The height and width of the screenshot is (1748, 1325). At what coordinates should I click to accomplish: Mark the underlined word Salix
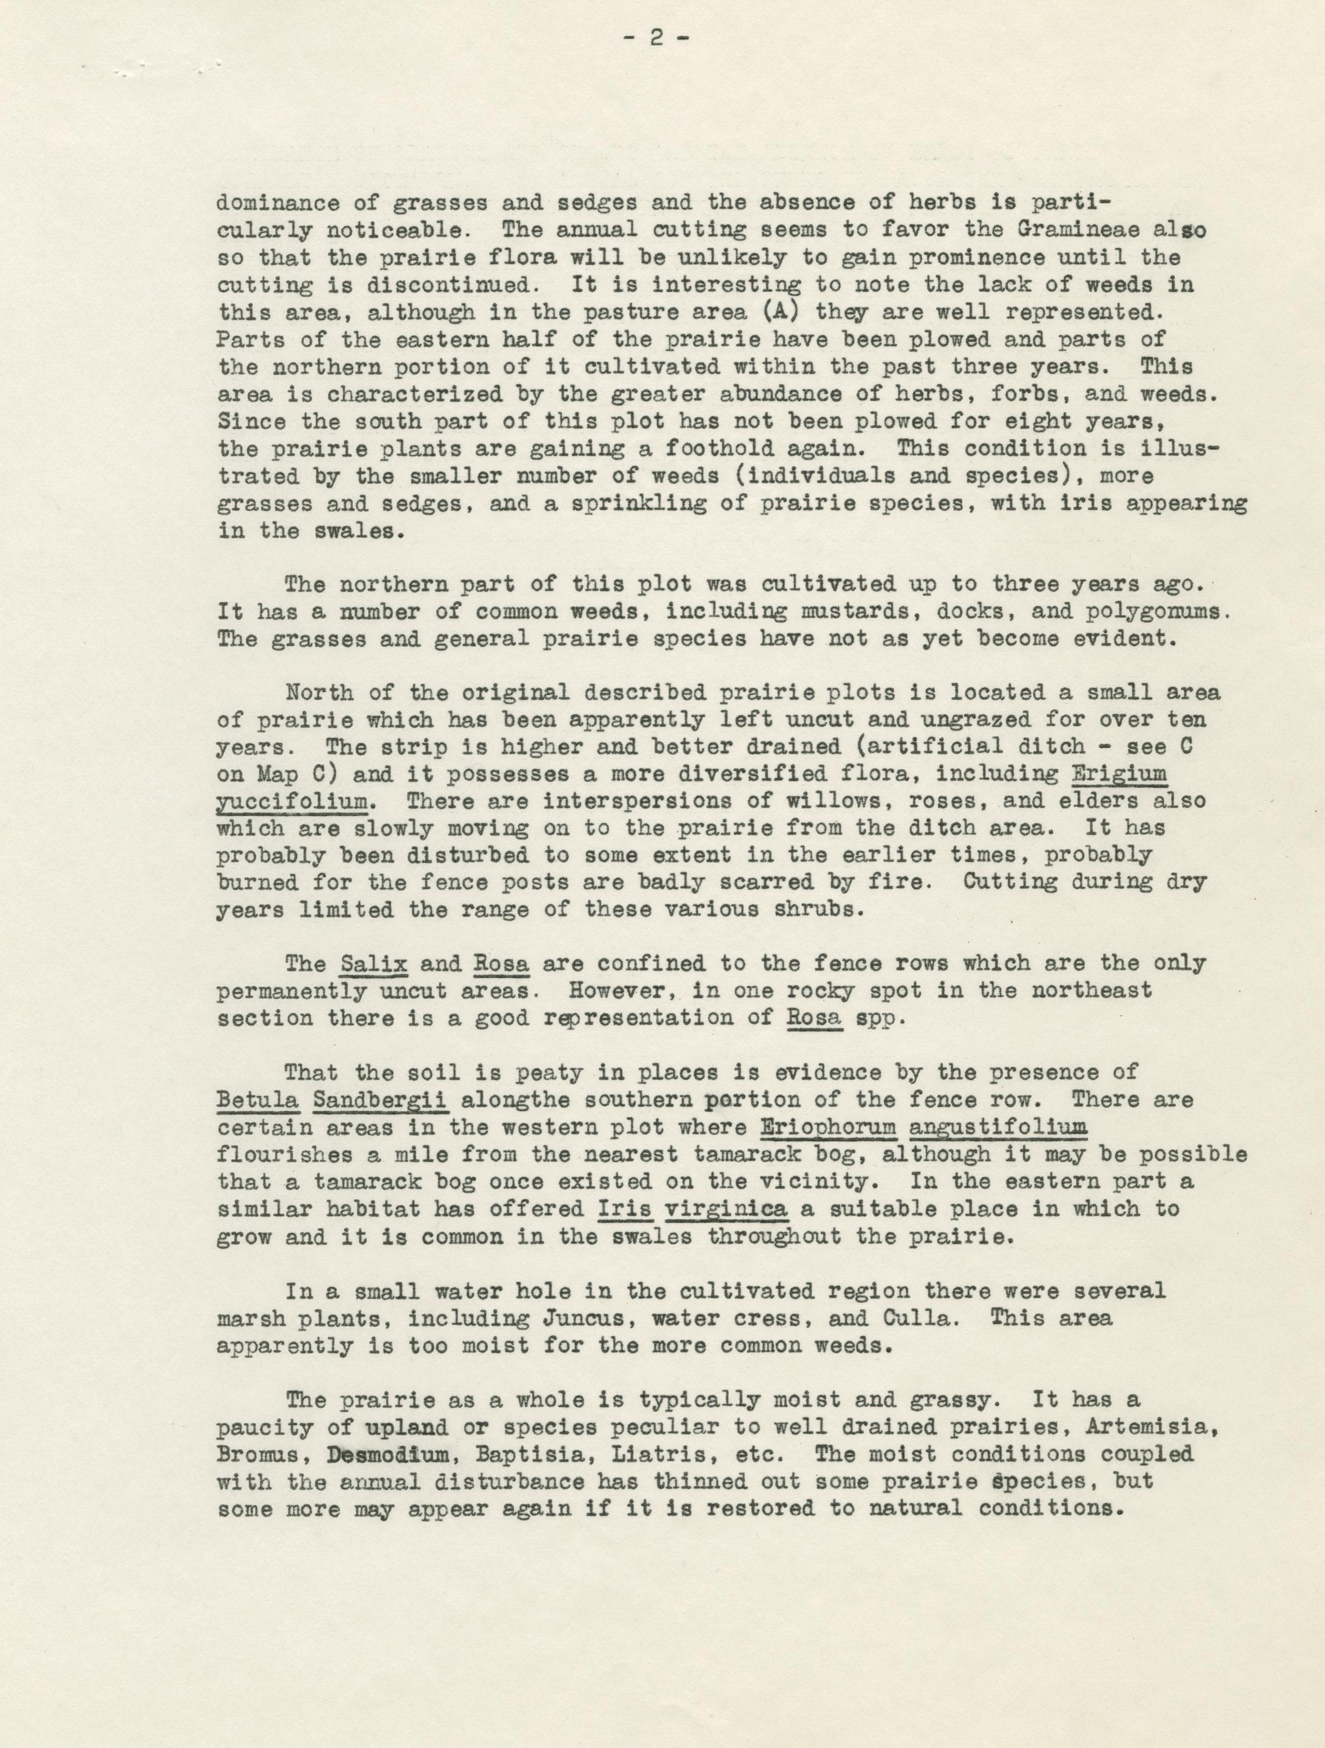click(x=374, y=964)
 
